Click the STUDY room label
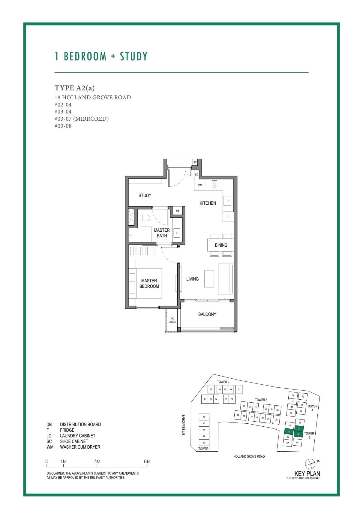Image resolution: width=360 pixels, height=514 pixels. click(145, 196)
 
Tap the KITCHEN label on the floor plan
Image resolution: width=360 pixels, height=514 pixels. click(208, 203)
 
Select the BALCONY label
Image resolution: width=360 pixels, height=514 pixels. click(207, 314)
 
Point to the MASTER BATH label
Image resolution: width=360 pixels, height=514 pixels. click(162, 233)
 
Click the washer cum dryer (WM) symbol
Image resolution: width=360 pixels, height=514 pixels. click(200, 185)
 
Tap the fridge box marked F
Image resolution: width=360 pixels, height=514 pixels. click(228, 217)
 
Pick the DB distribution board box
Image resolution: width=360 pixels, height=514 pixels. click(178, 211)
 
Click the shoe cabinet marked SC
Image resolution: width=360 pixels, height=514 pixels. click(195, 162)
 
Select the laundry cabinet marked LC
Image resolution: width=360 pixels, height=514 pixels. click(196, 174)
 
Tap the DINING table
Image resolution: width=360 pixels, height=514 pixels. click(221, 245)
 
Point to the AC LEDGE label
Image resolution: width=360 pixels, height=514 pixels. click(172, 320)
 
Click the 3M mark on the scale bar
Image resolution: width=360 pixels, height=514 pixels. click(97, 461)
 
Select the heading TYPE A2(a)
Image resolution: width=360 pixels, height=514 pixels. click(75, 88)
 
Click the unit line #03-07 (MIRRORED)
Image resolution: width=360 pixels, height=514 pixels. click(82, 119)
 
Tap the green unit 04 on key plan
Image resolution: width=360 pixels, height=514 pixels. click(289, 431)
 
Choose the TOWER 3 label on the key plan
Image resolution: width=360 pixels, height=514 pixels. click(261, 400)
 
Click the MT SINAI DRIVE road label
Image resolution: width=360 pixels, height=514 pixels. click(184, 425)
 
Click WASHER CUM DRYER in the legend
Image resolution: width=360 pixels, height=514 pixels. click(80, 447)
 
